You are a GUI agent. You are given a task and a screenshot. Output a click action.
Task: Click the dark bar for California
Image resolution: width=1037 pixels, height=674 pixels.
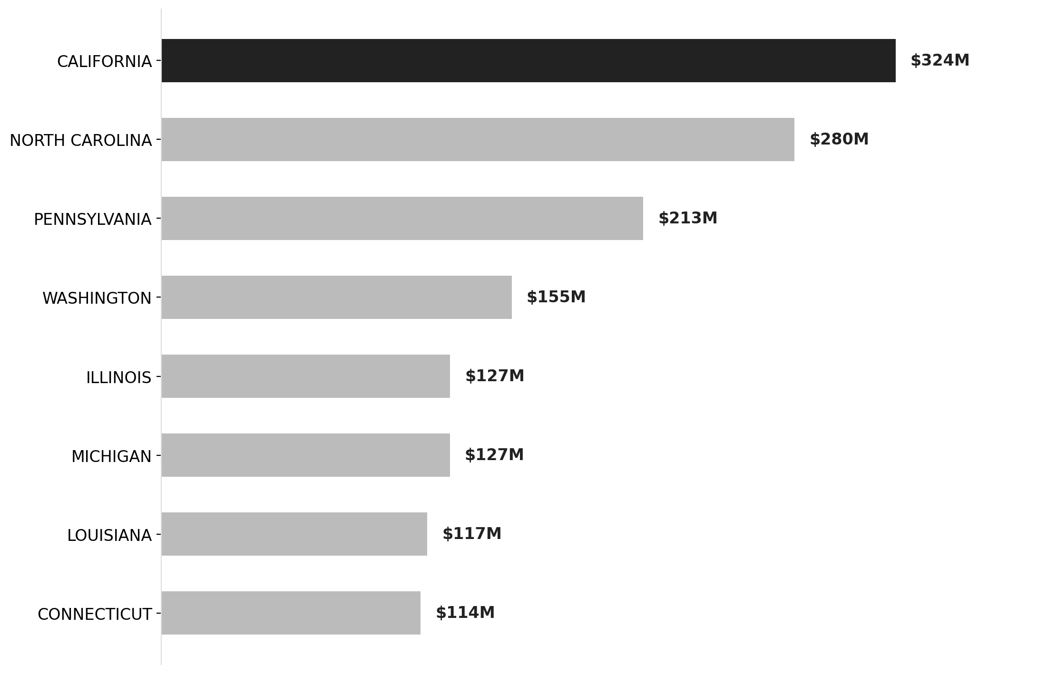pyautogui.click(x=528, y=61)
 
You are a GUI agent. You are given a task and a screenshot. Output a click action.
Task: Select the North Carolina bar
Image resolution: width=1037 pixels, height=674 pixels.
pyautogui.click(x=478, y=140)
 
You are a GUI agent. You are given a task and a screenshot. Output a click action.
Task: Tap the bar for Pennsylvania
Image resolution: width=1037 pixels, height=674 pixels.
pyautogui.click(x=402, y=219)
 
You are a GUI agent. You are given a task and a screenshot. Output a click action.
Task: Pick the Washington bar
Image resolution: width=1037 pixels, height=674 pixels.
pyautogui.click(x=336, y=298)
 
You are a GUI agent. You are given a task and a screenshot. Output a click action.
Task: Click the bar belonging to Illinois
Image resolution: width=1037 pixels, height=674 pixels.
pyautogui.click(x=305, y=376)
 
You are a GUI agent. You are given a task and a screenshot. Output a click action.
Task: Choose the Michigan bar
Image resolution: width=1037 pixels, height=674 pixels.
pyautogui.click(x=305, y=455)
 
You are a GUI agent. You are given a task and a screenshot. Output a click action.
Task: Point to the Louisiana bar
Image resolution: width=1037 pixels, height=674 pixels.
pyautogui.click(x=294, y=534)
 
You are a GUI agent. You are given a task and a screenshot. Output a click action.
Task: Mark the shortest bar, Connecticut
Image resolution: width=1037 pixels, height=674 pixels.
pyautogui.click(x=291, y=613)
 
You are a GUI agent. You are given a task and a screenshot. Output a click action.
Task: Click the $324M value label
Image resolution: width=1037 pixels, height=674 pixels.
pyautogui.click(x=939, y=61)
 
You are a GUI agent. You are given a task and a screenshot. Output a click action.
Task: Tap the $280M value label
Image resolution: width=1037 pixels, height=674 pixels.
pyautogui.click(x=839, y=140)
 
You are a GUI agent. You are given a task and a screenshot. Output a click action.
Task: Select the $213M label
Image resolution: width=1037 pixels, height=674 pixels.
pyautogui.click(x=687, y=219)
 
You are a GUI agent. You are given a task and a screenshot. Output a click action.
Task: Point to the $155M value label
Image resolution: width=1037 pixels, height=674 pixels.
pyautogui.click(x=556, y=298)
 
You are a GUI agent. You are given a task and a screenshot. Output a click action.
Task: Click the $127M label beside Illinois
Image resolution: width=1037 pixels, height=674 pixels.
pyautogui.click(x=494, y=376)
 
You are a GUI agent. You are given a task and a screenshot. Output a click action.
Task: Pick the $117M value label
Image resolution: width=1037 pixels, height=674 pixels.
pyautogui.click(x=471, y=534)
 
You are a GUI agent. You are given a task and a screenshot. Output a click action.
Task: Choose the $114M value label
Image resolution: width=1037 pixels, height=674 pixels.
pyautogui.click(x=465, y=613)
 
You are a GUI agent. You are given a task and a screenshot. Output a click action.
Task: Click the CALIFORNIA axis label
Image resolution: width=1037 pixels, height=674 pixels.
pyautogui.click(x=104, y=62)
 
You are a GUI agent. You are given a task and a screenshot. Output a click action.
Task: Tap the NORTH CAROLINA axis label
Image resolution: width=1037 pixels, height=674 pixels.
pyautogui.click(x=80, y=141)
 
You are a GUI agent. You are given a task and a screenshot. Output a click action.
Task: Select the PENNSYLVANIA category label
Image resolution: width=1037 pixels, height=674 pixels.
pyautogui.click(x=92, y=220)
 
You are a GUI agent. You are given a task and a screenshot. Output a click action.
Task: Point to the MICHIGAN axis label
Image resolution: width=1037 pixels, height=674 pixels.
pyautogui.click(x=111, y=457)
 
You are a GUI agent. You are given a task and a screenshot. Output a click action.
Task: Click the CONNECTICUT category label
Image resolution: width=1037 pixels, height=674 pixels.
pyautogui.click(x=94, y=615)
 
